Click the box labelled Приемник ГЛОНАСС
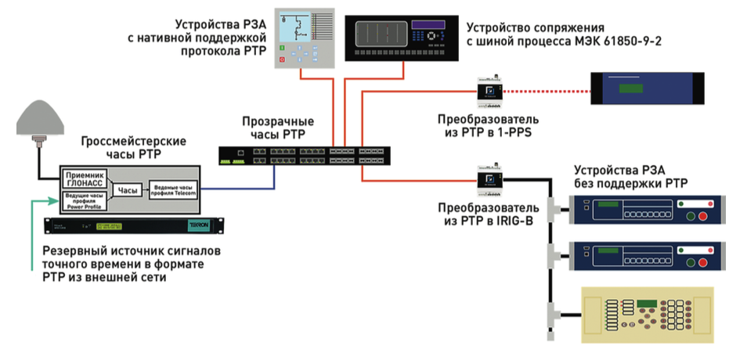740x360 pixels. pyautogui.click(x=82, y=178)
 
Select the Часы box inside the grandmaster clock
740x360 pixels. pyautogui.click(x=127, y=190)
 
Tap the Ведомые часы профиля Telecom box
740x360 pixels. pyautogui.click(x=173, y=189)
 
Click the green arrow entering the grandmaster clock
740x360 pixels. pyautogui.click(x=39, y=201)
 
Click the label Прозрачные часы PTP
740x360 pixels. pyautogui.click(x=278, y=128)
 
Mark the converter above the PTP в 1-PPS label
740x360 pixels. pyautogui.click(x=489, y=92)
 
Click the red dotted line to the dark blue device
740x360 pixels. pyautogui.click(x=547, y=92)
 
